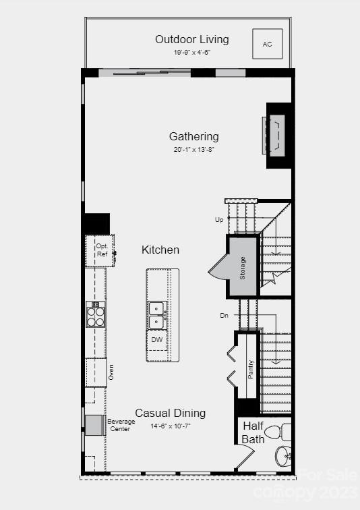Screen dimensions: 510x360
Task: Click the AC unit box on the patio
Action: coord(268,44)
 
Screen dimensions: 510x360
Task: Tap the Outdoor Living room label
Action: coord(192,39)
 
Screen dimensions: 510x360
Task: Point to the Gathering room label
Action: coord(194,136)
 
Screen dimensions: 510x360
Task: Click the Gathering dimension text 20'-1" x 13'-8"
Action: coord(194,150)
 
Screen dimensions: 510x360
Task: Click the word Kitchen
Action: coord(160,250)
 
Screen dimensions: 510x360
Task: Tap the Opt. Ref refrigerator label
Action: coord(102,250)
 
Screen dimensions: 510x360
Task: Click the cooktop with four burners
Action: coord(96,314)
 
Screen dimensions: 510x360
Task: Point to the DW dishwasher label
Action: coord(157,339)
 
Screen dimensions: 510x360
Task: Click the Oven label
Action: coord(111,372)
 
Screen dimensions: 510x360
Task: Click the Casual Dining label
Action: coord(171,413)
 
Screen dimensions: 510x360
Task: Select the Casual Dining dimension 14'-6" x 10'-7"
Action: coord(171,426)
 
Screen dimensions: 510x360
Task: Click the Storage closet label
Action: coord(243,268)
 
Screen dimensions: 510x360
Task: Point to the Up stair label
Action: coord(219,220)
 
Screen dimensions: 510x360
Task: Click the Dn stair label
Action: coord(224,315)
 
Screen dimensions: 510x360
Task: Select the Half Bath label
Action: coord(253,432)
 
